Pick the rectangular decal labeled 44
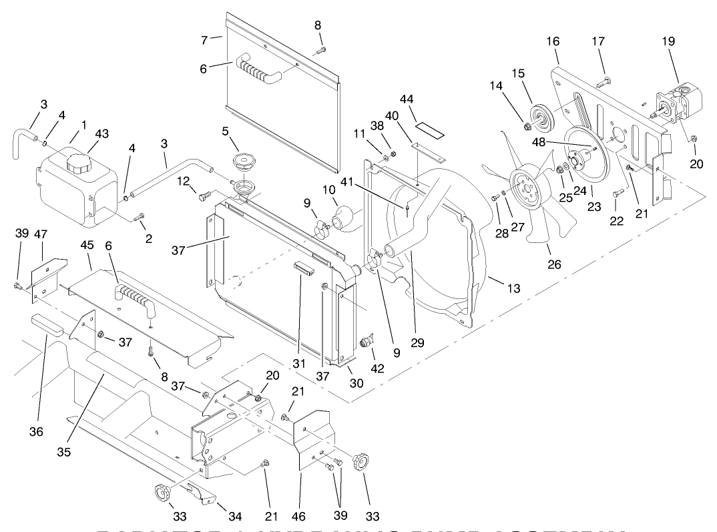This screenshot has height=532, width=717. [431, 127]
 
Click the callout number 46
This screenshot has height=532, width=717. [298, 515]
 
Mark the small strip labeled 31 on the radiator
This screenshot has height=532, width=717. [303, 269]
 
